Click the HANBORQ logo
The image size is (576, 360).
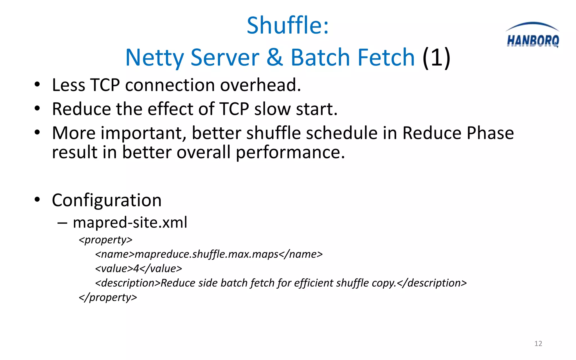point(532,36)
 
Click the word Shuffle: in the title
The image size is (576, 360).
point(287,25)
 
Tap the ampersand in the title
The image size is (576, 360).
point(274,57)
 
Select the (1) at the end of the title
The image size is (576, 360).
point(436,57)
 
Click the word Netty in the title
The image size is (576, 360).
point(154,57)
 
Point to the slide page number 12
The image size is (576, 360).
point(538,343)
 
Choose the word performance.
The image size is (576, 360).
point(290,152)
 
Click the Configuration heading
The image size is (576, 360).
point(107,200)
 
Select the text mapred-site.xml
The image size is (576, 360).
point(130,222)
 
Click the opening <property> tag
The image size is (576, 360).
point(105,240)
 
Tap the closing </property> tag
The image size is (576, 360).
point(108,297)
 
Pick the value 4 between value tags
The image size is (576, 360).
point(136,269)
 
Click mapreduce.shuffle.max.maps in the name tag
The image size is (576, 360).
point(206,254)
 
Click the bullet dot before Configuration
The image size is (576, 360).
point(37,200)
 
